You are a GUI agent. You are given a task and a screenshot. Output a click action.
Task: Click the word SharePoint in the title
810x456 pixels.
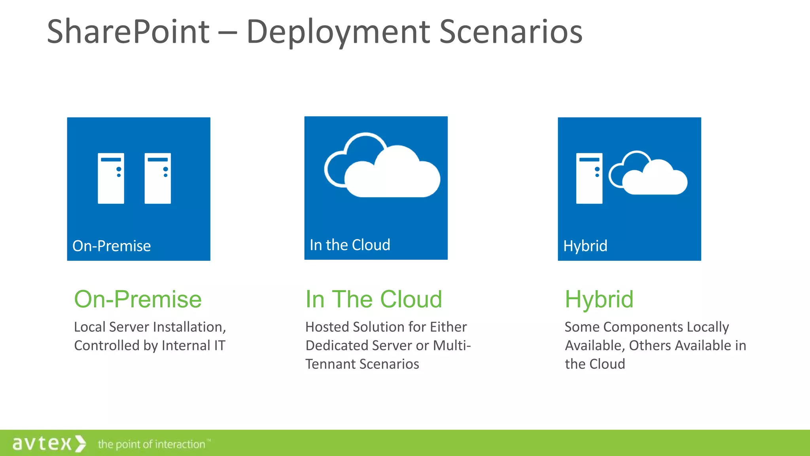pyautogui.click(x=128, y=32)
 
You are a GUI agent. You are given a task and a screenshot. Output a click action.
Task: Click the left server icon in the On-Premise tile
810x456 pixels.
pyautogui.click(x=111, y=178)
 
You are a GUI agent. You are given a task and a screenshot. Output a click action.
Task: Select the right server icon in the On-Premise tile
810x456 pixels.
pyautogui.click(x=157, y=178)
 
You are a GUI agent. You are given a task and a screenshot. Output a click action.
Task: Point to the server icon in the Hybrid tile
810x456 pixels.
pyautogui.click(x=589, y=178)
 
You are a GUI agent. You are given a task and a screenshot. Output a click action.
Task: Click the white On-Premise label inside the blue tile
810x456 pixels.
pyautogui.click(x=112, y=246)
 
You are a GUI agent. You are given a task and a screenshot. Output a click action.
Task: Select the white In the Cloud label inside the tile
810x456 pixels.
pyautogui.click(x=350, y=245)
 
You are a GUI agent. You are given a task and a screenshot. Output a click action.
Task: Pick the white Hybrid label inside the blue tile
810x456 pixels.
pyautogui.click(x=585, y=246)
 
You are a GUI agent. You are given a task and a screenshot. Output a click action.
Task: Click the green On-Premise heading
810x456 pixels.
pyautogui.click(x=138, y=299)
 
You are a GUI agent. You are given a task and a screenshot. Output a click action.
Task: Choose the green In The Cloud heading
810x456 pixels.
pyautogui.click(x=373, y=299)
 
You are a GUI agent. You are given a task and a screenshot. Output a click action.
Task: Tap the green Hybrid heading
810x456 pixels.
pyautogui.click(x=599, y=299)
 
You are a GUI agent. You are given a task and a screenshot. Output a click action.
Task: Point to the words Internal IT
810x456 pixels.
pyautogui.click(x=193, y=346)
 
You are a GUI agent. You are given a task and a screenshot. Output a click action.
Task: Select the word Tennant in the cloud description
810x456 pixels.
pyautogui.click(x=329, y=364)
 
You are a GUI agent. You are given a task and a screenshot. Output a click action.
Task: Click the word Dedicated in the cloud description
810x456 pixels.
pyautogui.click(x=337, y=346)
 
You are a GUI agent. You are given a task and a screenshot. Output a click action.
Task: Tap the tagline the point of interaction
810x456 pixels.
pyautogui.click(x=152, y=444)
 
